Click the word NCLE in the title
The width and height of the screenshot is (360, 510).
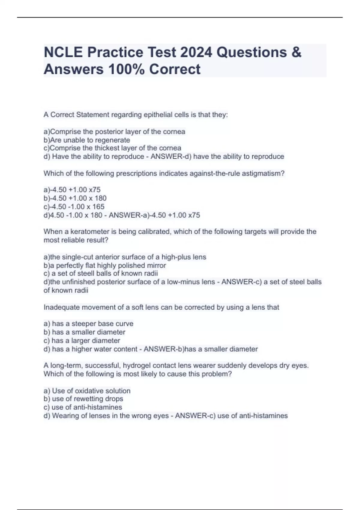coord(63,52)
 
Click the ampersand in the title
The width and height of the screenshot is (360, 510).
coord(296,52)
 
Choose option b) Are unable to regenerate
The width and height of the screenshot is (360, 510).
coord(87,140)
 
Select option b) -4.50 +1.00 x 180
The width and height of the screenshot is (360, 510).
coord(75,198)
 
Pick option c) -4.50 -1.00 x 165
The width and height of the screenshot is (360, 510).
coord(74,207)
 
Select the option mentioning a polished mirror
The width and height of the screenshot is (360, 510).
coord(105,265)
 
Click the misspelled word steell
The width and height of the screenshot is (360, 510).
coord(86,274)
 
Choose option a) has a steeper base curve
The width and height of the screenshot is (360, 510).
coord(88,324)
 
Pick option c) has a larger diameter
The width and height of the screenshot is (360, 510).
coord(82,341)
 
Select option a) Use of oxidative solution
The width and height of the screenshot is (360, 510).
coord(87,391)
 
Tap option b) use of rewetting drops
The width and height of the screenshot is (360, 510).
coord(83,399)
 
